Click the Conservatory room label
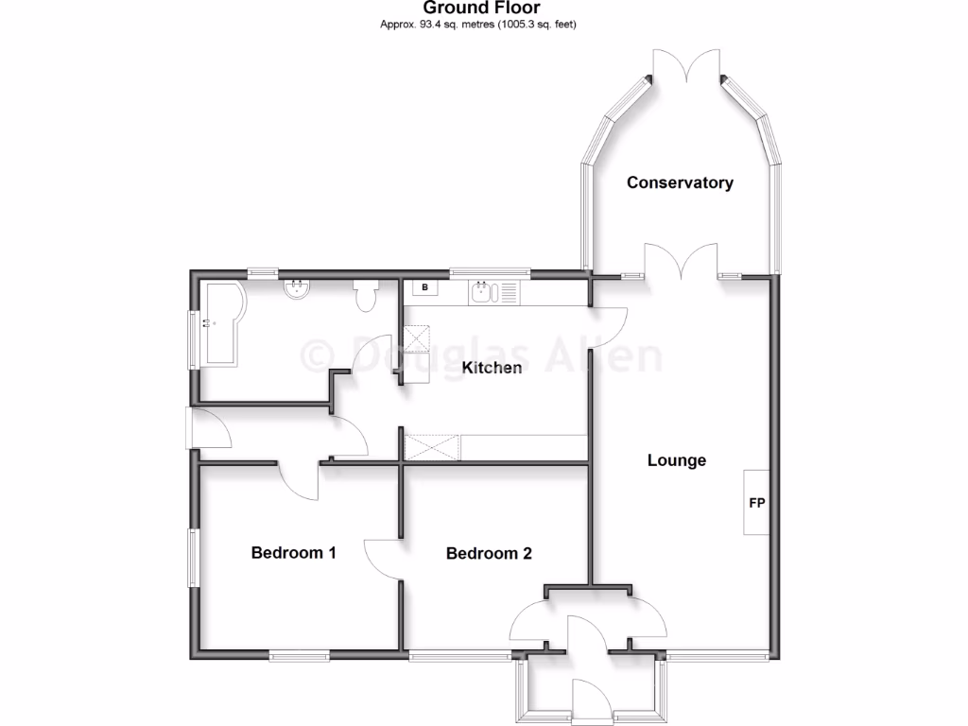coord(680,182)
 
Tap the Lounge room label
coord(677,460)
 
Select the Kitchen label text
coord(492,367)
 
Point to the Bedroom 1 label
coord(294,552)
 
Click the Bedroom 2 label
coord(489,553)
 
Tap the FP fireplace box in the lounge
coord(756,503)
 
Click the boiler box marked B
coord(424,287)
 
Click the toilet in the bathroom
coord(367,296)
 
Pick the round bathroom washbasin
coord(297,287)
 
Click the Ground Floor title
coord(482,9)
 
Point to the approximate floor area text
coord(482,25)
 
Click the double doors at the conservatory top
coord(687,71)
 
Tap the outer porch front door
coord(589,698)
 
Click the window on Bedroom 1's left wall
coord(193,558)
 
